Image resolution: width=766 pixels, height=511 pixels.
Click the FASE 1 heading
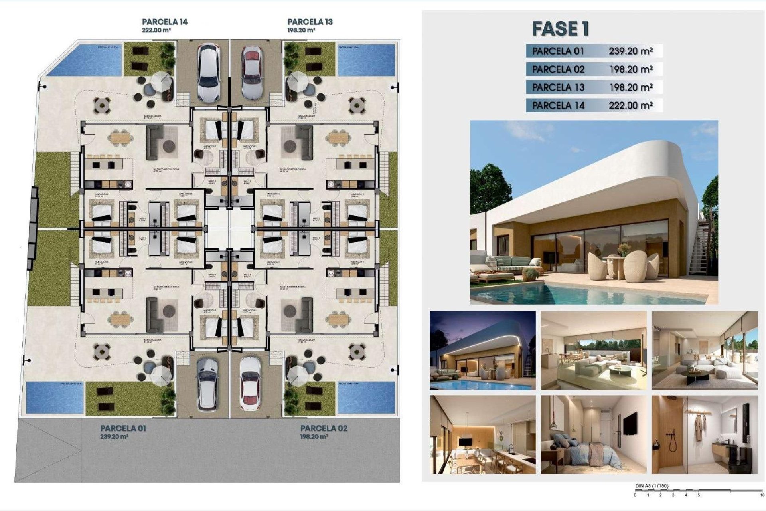[561, 29]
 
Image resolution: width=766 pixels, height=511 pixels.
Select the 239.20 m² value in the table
[631, 51]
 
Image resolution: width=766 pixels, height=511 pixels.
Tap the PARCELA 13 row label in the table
[558, 87]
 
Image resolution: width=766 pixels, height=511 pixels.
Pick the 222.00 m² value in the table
[631, 105]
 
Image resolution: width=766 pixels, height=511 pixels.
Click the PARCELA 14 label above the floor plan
[165, 22]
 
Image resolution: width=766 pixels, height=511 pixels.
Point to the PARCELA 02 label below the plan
[324, 428]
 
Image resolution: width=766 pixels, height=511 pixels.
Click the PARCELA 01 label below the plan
[123, 428]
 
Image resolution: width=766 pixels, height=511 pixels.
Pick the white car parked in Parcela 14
[209, 72]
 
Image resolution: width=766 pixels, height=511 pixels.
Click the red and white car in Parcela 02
[250, 384]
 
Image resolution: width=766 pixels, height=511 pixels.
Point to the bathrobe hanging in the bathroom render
[698, 428]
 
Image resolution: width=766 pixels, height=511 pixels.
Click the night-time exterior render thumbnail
[482, 350]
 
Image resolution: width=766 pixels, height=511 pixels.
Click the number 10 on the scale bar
[762, 495]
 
